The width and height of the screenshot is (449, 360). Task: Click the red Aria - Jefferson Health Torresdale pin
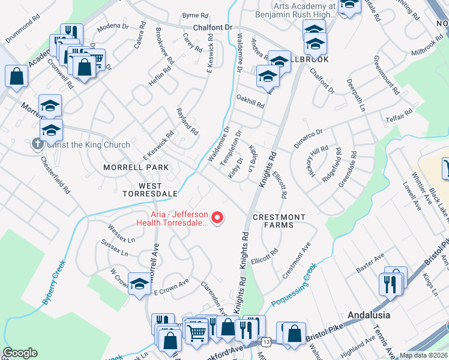pos(218,217)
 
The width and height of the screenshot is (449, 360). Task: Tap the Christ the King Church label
pos(88,145)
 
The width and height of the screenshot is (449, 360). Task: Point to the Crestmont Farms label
pos(279,221)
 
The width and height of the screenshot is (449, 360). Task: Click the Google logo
pos(20,353)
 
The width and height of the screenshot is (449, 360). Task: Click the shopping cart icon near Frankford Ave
pos(196,329)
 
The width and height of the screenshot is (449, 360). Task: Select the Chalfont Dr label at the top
pos(212,28)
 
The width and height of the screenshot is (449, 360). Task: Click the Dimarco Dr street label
pos(308,139)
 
